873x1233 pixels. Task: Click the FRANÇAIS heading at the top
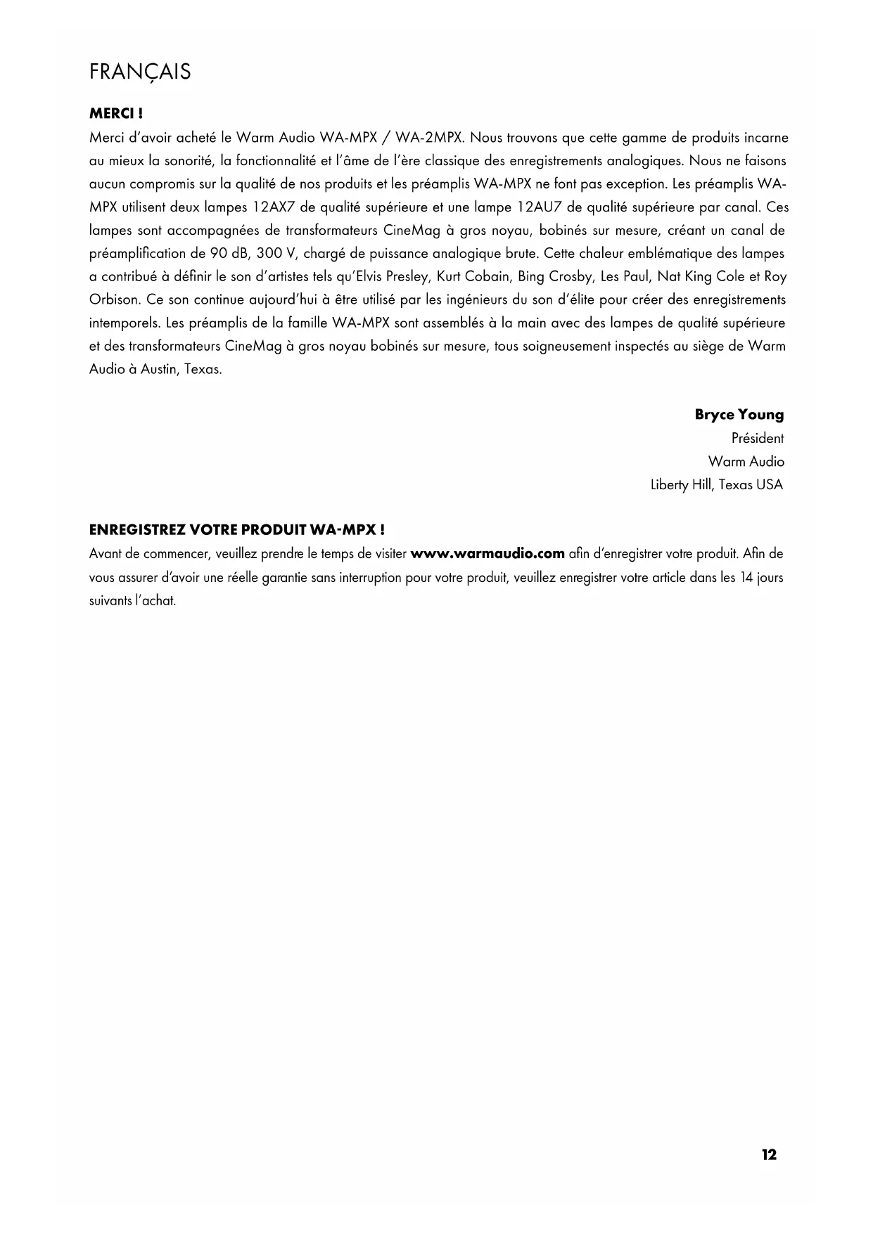pos(140,72)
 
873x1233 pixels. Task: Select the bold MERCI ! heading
pos(116,113)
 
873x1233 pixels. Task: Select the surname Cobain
pos(488,277)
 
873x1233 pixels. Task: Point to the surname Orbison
pos(116,300)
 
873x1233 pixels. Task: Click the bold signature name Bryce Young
pos(739,415)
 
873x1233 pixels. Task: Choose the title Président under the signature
pos(757,439)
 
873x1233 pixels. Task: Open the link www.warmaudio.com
pos(488,554)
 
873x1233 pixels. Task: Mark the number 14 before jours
pos(747,578)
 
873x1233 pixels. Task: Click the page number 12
pos(769,1155)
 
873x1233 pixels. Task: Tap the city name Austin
pos(159,370)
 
